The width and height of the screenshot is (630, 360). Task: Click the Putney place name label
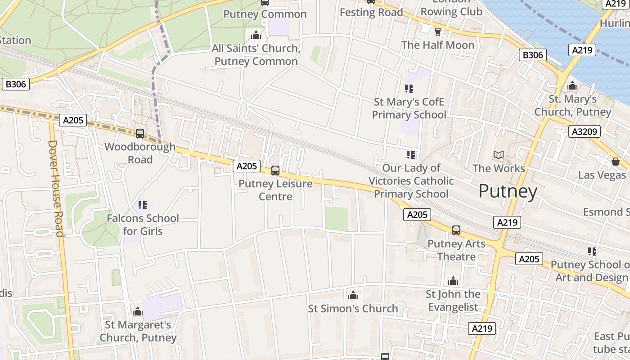(x=508, y=191)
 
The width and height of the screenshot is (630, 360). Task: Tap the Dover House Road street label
(x=56, y=188)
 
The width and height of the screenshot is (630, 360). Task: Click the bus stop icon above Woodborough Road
(x=140, y=133)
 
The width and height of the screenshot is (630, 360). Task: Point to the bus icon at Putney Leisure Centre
(x=275, y=171)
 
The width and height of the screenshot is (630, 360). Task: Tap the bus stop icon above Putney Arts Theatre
(x=456, y=230)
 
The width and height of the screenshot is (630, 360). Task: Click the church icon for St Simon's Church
(x=353, y=295)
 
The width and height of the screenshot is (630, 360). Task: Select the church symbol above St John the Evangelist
(x=453, y=281)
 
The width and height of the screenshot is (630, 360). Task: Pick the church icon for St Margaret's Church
(x=138, y=311)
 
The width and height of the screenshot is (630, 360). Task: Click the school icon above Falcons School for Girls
(x=143, y=205)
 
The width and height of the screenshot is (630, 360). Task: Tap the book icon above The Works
(x=498, y=155)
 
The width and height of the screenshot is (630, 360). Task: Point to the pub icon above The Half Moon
(x=437, y=31)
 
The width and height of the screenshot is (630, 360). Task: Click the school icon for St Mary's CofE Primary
(x=409, y=89)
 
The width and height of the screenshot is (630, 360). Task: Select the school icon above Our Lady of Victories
(x=411, y=155)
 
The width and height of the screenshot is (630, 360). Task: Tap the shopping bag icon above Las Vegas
(x=616, y=162)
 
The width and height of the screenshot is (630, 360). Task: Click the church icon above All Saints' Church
(x=256, y=35)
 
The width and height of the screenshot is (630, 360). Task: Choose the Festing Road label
(x=371, y=12)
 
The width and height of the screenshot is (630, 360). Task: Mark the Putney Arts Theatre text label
(x=456, y=250)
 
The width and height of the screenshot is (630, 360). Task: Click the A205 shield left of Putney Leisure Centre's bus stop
(x=247, y=166)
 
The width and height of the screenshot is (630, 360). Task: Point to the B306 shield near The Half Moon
(x=533, y=55)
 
